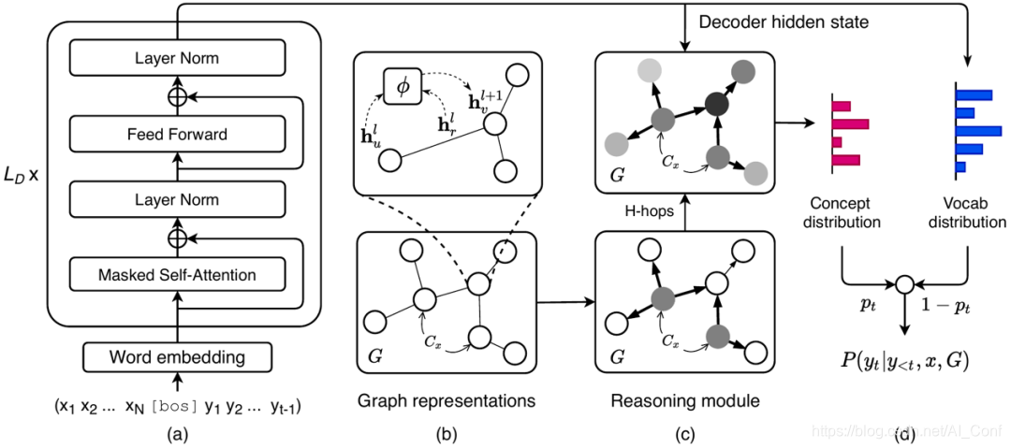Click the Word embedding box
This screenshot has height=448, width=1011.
tap(177, 356)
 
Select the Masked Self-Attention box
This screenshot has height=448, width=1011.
tap(177, 275)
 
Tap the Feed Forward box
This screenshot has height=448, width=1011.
tap(177, 135)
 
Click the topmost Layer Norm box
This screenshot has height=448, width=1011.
tap(177, 59)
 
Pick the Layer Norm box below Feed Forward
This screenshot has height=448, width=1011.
tap(177, 200)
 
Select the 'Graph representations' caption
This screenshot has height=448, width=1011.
tap(446, 401)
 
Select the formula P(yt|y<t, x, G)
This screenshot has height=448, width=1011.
tap(904, 357)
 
